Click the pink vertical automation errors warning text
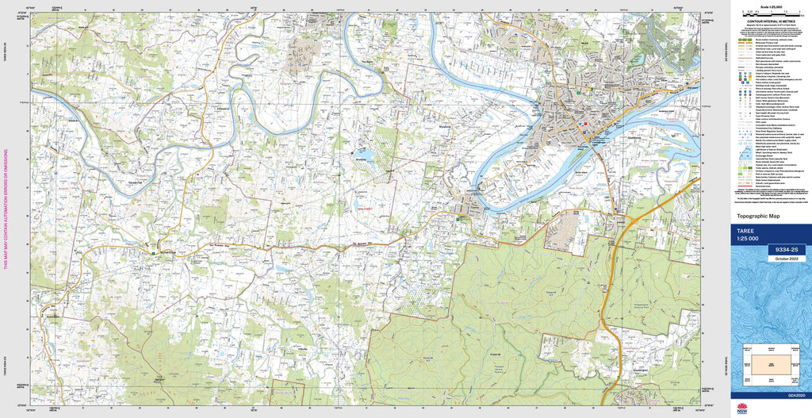click(6, 209)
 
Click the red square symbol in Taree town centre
click(585, 123)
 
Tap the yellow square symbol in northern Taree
click(579, 91)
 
